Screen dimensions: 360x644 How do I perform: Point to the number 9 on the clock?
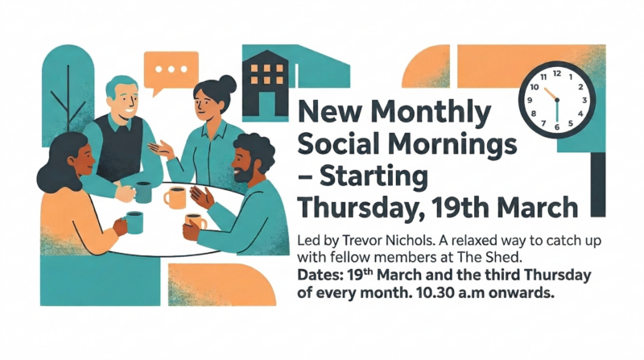[531, 99]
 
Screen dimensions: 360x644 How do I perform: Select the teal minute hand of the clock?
[556, 113]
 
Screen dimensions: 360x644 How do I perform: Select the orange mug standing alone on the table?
[175, 197]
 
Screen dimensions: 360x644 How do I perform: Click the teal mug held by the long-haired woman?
[134, 221]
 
